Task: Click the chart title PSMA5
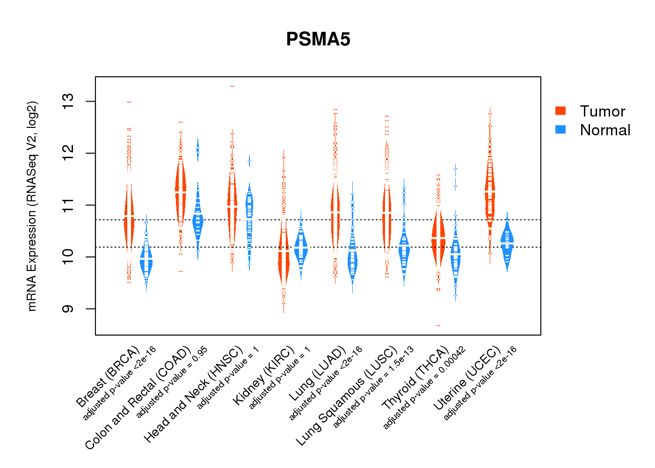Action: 318,40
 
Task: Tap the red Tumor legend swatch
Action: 560,111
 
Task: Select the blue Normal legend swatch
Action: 560,130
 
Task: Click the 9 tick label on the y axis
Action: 68,309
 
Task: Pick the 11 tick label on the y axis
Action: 68,205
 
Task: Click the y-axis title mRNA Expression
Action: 32,206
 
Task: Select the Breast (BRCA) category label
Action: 108,376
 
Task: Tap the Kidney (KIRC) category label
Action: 264,375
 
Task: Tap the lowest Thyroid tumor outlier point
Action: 438,325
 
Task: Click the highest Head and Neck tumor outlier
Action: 232,86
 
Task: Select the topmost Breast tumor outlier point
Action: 129,102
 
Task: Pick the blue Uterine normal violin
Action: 507,241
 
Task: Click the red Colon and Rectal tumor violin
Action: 181,192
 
